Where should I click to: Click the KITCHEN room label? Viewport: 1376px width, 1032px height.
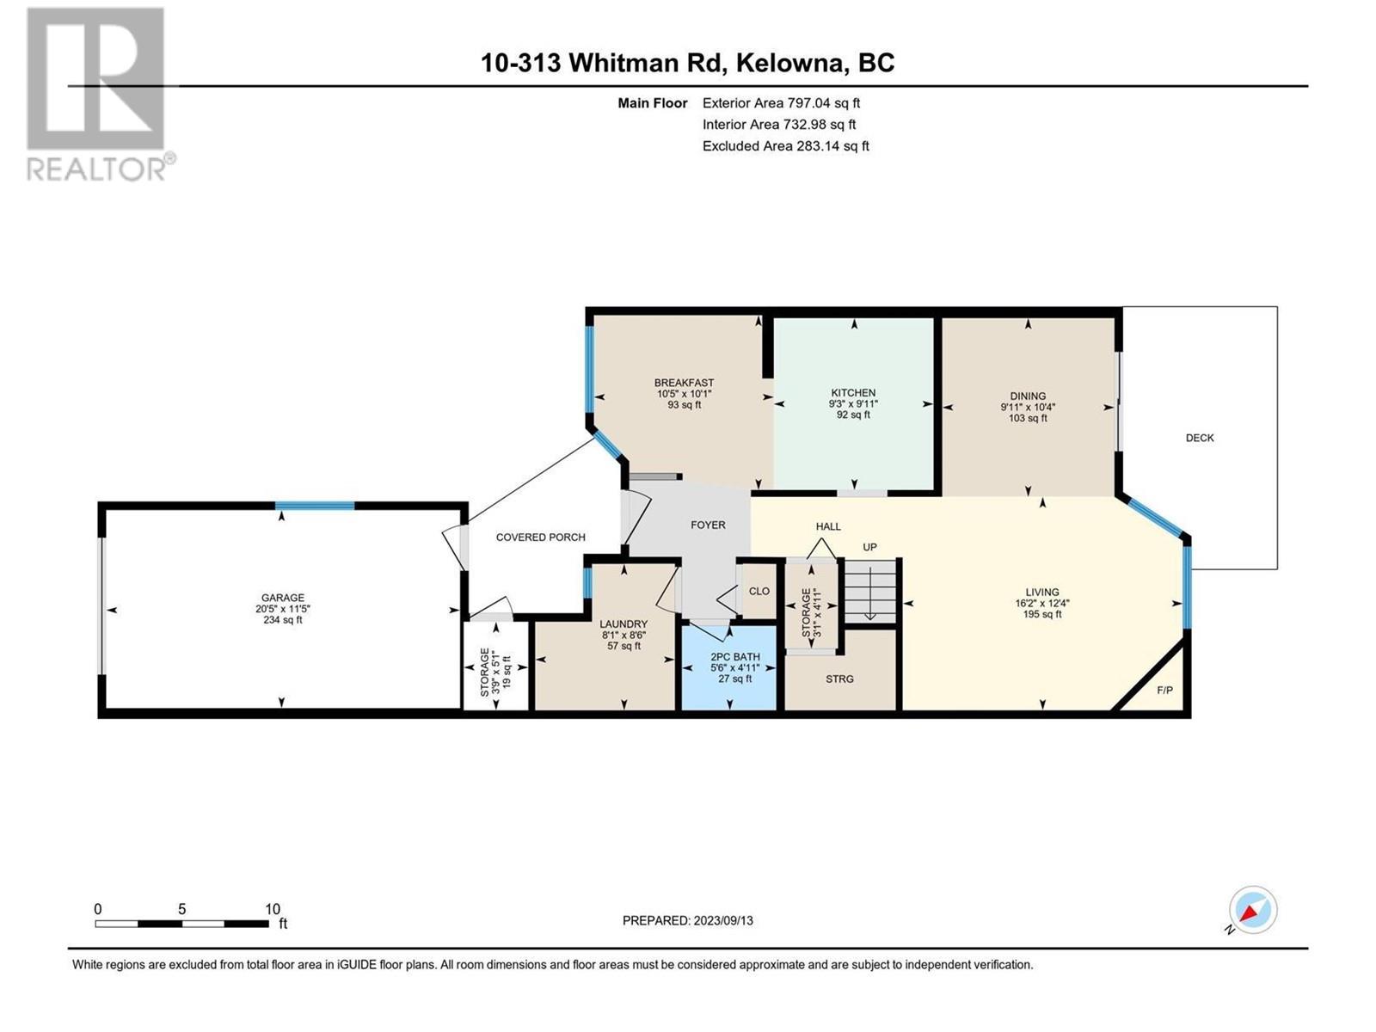852,393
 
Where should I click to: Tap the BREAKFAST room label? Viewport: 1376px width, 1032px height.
684,383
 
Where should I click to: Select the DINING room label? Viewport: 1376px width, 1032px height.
1028,396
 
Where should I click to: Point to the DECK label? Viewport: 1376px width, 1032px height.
1199,438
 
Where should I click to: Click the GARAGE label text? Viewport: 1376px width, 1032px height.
283,598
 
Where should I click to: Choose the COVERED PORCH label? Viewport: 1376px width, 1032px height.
540,537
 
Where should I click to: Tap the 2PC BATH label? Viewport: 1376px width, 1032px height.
734,657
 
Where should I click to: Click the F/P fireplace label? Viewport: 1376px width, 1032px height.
1164,691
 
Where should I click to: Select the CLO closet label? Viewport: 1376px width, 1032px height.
759,591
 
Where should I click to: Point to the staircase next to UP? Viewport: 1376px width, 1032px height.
869,591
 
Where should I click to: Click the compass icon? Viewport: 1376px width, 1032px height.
1252,909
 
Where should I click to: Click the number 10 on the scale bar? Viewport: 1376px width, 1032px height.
272,908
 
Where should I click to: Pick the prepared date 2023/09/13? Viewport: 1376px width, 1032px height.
722,920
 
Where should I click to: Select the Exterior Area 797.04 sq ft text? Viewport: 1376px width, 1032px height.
781,102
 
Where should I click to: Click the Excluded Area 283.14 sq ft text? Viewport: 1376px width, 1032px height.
785,146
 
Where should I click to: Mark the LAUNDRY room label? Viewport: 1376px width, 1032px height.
623,623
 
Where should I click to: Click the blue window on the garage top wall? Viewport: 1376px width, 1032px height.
315,506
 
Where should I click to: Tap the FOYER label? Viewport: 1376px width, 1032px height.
708,525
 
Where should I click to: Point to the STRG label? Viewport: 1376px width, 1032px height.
839,679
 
